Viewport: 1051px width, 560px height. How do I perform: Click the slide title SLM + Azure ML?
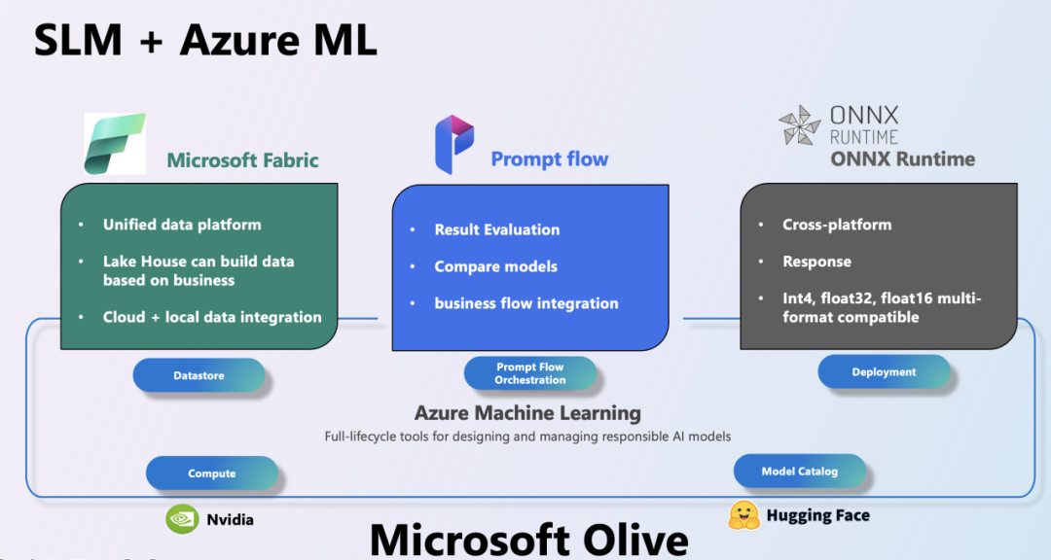click(x=205, y=40)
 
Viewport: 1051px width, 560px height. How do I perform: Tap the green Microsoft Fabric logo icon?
click(x=115, y=144)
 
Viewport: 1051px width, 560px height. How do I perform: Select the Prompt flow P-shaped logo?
click(x=454, y=144)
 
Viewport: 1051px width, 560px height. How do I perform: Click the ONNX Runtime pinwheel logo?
click(x=800, y=125)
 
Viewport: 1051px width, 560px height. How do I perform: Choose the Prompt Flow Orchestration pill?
click(x=529, y=373)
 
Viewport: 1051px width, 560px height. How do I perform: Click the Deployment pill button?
click(x=884, y=371)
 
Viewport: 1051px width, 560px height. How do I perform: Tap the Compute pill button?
click(x=212, y=472)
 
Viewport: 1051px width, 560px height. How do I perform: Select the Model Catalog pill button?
click(x=799, y=471)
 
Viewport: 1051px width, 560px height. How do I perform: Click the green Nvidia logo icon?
click(x=182, y=519)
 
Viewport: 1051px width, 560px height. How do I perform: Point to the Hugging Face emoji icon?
click(x=744, y=515)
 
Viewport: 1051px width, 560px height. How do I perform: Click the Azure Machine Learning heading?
click(x=527, y=412)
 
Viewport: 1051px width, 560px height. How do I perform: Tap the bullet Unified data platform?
click(x=182, y=225)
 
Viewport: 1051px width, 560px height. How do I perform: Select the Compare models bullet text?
click(x=495, y=266)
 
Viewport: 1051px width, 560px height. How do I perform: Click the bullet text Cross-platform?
click(x=837, y=225)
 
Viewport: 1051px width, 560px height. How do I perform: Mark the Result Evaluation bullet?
click(x=496, y=229)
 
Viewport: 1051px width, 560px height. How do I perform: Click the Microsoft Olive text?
click(x=528, y=540)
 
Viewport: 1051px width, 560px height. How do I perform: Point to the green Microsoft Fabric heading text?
click(x=242, y=160)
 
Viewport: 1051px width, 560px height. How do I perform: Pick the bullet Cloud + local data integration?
click(x=212, y=317)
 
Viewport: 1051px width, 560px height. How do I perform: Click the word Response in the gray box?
click(x=816, y=262)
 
